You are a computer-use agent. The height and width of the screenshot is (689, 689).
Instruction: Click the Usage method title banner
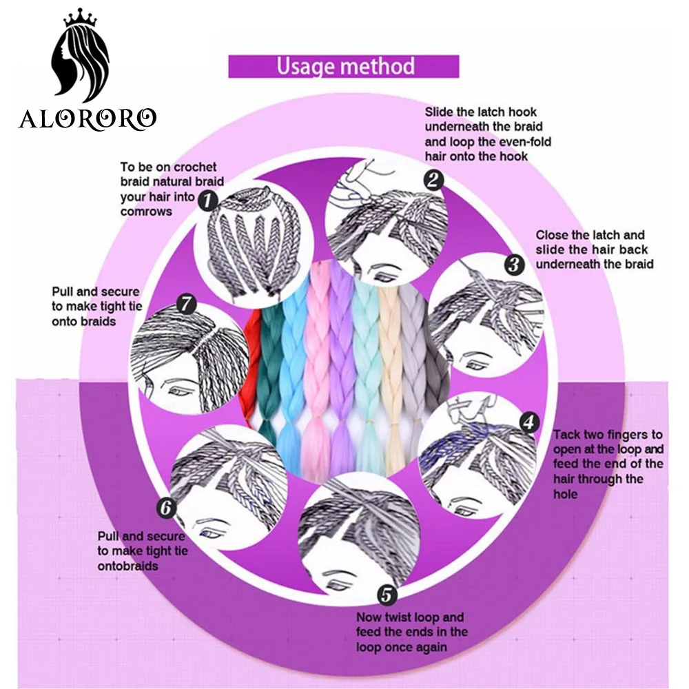344,67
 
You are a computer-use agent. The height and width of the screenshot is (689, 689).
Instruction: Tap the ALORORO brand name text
88,119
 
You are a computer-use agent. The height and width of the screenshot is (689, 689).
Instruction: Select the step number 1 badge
207,200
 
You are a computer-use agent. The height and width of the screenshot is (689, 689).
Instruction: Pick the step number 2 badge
433,181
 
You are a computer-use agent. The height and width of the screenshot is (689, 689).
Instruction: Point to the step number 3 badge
513,264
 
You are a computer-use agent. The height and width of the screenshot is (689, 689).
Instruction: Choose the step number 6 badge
166,508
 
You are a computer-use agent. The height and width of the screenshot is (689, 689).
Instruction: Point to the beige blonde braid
391,372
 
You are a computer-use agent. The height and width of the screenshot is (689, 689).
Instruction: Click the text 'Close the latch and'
590,235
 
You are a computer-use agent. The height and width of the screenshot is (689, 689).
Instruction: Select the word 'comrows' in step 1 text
146,212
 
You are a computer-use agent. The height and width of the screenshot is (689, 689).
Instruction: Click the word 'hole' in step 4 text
565,494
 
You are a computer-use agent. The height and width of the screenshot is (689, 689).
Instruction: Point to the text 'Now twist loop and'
410,617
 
